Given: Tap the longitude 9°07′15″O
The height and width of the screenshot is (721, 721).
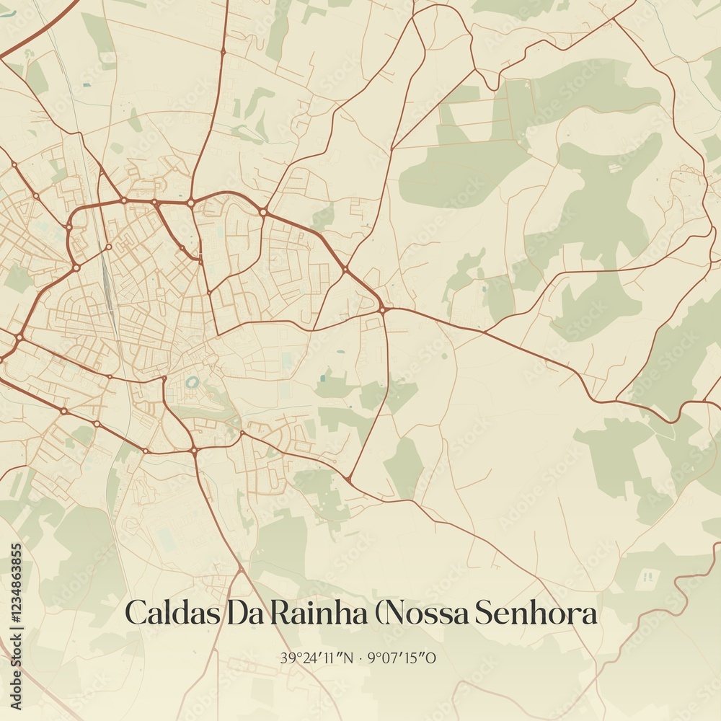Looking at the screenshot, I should (x=402, y=658).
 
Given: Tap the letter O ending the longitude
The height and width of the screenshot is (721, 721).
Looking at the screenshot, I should (x=430, y=658).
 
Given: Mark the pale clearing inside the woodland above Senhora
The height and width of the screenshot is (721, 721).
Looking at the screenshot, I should (x=647, y=576).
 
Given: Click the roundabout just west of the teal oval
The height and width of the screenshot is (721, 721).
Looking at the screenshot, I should (x=164, y=379).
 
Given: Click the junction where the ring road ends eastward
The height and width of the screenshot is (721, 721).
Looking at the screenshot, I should (x=383, y=310).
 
